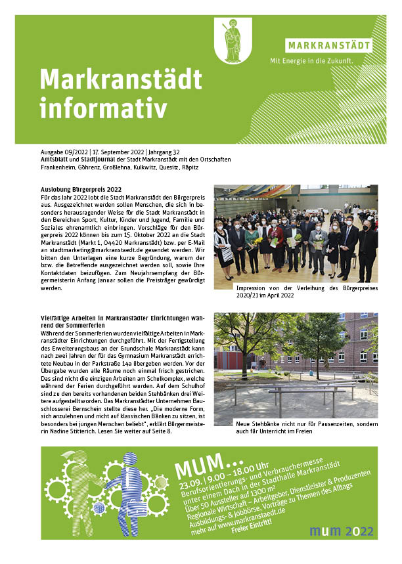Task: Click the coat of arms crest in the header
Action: coord(232,41)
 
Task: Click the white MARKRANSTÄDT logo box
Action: coord(328,46)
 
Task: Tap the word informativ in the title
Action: coord(103,108)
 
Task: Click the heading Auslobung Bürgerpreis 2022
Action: coord(81,190)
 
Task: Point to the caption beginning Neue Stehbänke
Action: coord(306,425)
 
